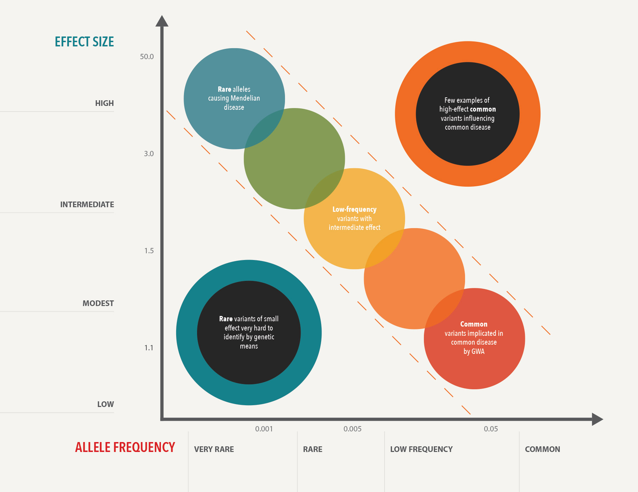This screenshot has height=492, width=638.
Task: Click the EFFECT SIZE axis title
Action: coord(84,42)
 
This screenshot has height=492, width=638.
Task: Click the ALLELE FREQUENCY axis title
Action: coord(125,447)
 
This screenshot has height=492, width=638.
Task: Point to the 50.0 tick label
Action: coord(147,57)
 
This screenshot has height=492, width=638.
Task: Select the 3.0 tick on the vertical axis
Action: coord(149,154)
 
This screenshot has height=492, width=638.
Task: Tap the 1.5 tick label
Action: coord(149,251)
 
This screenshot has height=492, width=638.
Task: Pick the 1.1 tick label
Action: coord(149,348)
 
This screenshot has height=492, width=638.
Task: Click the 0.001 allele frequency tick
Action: coord(264,429)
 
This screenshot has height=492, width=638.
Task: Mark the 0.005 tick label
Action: coord(352,429)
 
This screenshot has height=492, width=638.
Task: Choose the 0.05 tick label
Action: coord(491,429)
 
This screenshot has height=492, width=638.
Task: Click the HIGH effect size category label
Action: coord(104,103)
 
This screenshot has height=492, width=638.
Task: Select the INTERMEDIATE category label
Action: coord(87,205)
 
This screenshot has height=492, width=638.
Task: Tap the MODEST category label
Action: coord(98,304)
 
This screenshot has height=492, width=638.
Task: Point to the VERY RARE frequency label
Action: coord(214,449)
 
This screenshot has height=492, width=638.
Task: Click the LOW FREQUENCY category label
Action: coord(421,449)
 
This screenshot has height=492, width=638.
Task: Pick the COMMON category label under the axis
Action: coord(542,449)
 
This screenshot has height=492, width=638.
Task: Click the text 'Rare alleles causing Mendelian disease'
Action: coord(234,98)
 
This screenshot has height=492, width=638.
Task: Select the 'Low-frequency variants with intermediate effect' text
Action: coord(354,219)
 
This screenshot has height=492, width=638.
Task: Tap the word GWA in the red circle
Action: coord(478,351)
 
